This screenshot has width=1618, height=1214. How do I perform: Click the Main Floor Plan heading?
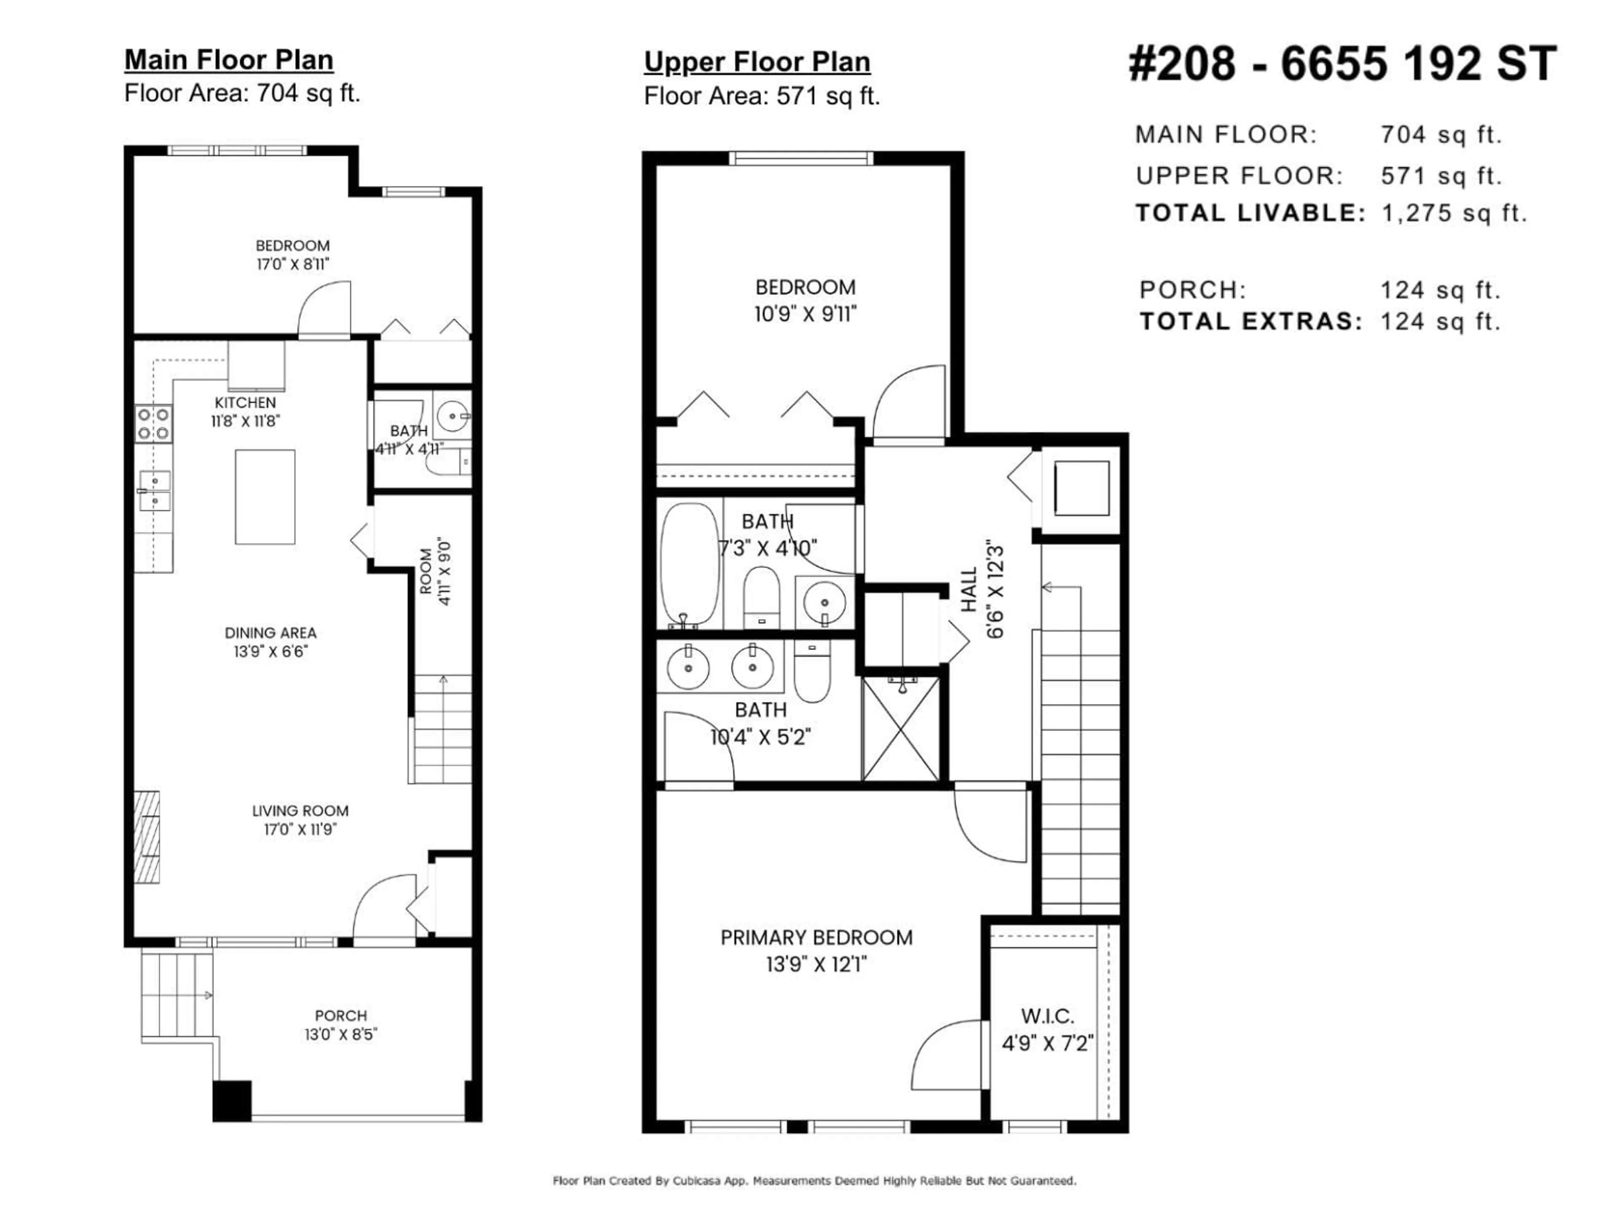[x=229, y=60]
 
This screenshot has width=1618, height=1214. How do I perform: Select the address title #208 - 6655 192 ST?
[x=1343, y=64]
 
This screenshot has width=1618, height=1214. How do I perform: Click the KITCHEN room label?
[x=245, y=403]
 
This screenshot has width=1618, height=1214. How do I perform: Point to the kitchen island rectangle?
[x=265, y=497]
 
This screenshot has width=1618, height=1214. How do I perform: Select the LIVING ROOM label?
[x=300, y=811]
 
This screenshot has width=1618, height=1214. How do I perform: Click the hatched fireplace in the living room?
[x=146, y=836]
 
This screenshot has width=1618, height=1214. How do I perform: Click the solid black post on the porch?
[x=232, y=1101]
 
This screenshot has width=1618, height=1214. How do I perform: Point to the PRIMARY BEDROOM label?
[x=816, y=937]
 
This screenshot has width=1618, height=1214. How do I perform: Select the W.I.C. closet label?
[x=1047, y=1016]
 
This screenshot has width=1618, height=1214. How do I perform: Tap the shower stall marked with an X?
[x=901, y=728]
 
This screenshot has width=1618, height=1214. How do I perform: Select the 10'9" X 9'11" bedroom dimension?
[x=805, y=314]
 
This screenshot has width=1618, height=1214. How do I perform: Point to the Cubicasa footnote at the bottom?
[x=814, y=1180]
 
